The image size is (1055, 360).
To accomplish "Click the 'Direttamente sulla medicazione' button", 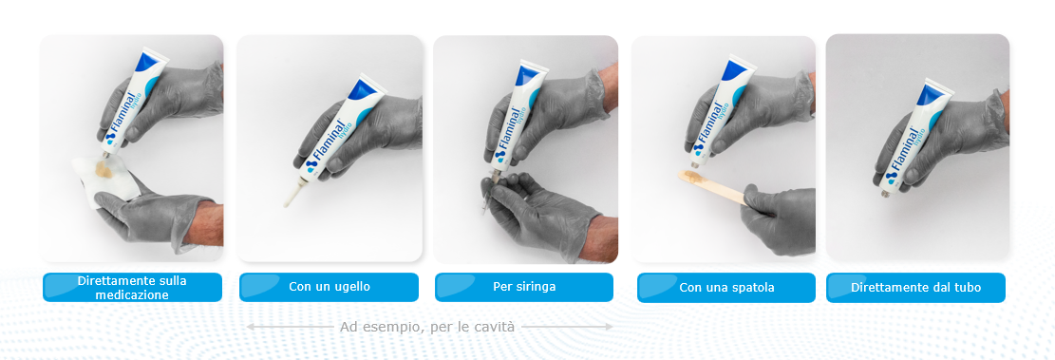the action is [133, 287].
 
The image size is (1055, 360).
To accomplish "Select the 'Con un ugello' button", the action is [329, 287].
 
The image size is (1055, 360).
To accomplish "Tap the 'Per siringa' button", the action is [524, 287].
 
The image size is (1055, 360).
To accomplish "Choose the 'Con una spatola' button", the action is [726, 288].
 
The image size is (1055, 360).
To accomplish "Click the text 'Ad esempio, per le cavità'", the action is [427, 327].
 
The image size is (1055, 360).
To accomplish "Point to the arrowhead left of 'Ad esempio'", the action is [248, 327].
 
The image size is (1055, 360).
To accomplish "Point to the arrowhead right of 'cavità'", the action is [610, 327].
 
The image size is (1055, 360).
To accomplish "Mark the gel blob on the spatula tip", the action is [695, 178].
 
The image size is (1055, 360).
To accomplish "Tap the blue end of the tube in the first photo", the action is [148, 61].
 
